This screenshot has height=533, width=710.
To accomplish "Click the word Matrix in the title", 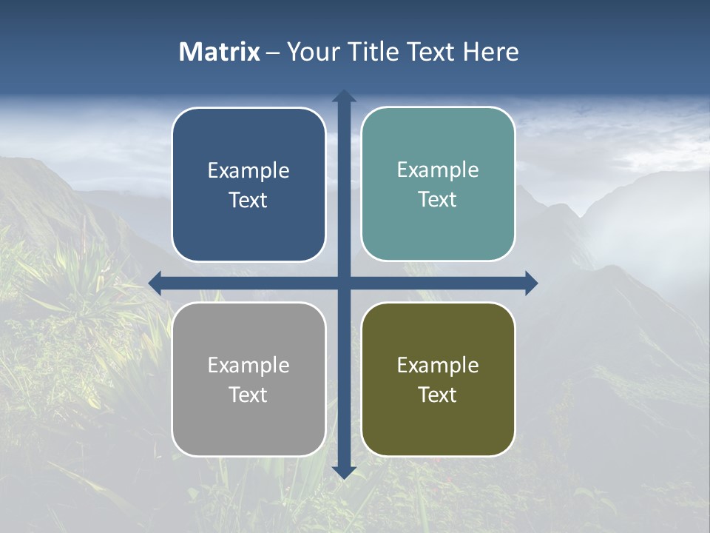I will click(220, 52).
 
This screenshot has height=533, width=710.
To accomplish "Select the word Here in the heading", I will click(490, 52).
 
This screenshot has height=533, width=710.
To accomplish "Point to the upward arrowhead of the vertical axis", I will click(343, 96).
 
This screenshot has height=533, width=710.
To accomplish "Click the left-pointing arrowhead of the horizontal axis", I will click(155, 283).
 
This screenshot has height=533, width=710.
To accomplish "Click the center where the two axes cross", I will click(343, 283).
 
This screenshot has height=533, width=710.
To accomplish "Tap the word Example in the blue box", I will click(248, 171).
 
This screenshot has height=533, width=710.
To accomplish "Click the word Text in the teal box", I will click(438, 200).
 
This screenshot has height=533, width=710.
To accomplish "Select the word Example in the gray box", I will click(248, 366).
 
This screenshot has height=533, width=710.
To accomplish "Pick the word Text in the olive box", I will click(438, 395).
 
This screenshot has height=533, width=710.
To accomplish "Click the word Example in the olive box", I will click(438, 366).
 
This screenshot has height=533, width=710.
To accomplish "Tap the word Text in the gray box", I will click(248, 395).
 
